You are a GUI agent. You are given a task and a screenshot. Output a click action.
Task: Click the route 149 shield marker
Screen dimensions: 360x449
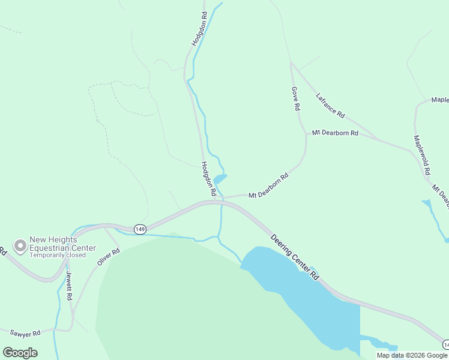click(140, 229)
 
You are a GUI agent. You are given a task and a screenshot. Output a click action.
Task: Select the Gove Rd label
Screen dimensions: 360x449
click(295, 98)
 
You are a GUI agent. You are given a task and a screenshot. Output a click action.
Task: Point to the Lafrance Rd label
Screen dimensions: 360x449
click(330, 105)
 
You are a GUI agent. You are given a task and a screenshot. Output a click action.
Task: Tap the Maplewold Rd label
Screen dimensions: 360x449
click(422, 154)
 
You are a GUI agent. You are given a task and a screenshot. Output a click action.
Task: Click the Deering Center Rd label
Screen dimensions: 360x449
click(294, 256)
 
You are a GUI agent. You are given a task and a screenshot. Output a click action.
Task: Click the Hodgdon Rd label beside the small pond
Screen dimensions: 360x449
click(208, 179)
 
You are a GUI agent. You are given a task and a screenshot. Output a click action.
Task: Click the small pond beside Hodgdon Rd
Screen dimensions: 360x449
click(219, 179)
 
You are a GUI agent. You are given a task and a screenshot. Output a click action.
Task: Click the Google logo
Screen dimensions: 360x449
click(20, 353)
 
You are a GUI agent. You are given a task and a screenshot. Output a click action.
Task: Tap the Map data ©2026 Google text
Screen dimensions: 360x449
click(412, 355)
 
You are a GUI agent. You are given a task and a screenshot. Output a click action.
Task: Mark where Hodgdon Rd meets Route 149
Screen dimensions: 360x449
click(214, 202)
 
